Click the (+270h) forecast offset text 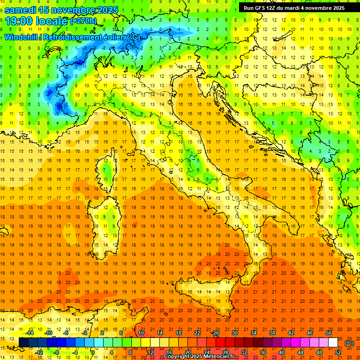coord(83,21)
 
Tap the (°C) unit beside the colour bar coord(349,343)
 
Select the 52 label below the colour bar coord(338,352)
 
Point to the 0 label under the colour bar coord(93,352)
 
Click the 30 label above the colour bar coord(235,333)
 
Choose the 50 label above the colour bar coord(328,333)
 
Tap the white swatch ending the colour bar coord(333,343)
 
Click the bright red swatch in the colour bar coord(220,343)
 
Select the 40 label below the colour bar coord(282,352)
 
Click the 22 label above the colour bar coord(197,333)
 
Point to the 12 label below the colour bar coord(150,352)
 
